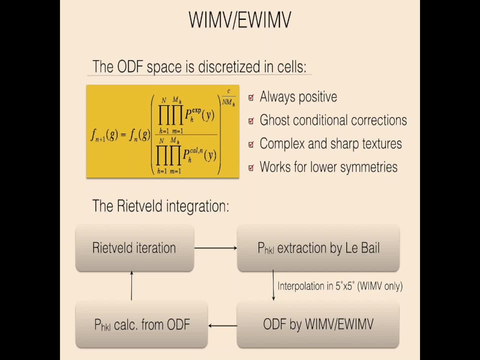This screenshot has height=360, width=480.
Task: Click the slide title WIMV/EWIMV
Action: [240, 20]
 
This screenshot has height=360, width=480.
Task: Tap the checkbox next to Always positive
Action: [251, 97]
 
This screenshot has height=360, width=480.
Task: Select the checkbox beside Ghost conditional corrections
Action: [251, 121]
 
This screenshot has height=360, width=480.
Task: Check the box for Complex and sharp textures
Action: [251, 144]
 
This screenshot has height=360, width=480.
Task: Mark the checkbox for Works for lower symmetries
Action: [251, 168]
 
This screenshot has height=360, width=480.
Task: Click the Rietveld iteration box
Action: [134, 248]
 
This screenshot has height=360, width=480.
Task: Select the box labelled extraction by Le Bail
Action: [318, 248]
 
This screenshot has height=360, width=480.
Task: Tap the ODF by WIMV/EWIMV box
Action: [318, 324]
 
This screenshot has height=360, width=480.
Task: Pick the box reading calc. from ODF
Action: [142, 324]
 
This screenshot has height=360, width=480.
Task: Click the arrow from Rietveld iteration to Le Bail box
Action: [215, 248]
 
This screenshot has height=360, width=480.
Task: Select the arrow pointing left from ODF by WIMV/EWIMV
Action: [223, 326]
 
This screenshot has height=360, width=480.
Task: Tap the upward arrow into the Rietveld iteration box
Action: [132, 286]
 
